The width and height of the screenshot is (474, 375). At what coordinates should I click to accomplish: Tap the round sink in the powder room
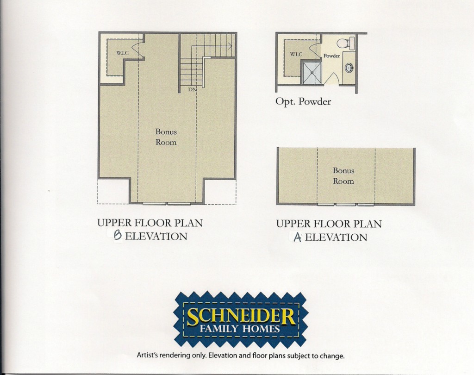point(349,68)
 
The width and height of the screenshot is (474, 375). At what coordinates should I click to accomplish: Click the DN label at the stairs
point(192,89)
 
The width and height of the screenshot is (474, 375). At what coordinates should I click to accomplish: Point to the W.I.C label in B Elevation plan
point(122,53)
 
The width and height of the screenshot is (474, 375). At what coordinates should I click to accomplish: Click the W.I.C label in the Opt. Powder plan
point(296,54)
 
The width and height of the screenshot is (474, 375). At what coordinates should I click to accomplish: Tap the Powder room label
point(331,56)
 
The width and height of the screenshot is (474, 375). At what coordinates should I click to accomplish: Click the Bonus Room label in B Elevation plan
point(166,137)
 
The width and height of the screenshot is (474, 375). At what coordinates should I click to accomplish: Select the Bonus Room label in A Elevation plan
point(343,176)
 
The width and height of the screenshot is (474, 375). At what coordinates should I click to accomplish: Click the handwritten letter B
point(118,236)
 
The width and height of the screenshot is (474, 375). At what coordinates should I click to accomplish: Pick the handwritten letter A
point(298,237)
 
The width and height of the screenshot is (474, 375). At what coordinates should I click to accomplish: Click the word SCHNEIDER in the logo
point(241,317)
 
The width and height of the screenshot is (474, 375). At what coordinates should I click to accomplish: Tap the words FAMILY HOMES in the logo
point(240,329)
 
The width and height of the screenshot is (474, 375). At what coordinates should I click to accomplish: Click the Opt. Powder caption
point(303,101)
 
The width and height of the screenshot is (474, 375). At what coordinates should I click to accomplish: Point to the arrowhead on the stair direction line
point(230,46)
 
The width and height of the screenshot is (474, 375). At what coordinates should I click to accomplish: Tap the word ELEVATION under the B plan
point(156,236)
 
